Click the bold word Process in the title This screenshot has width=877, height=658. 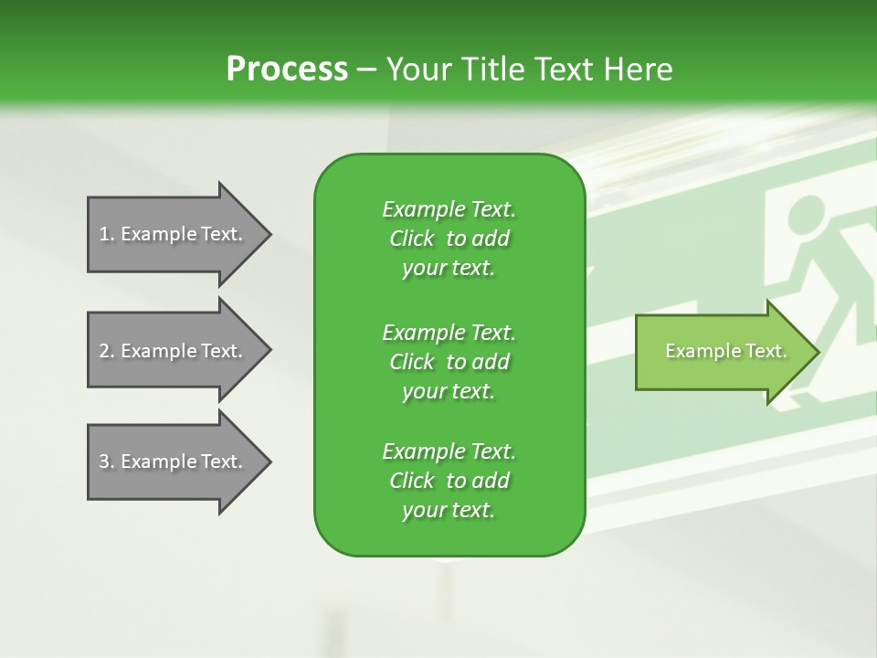pyautogui.click(x=287, y=69)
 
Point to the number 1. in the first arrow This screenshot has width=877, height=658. pyautogui.click(x=106, y=234)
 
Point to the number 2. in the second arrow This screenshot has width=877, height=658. pyautogui.click(x=106, y=351)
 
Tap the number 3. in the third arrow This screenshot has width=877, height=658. pyautogui.click(x=106, y=462)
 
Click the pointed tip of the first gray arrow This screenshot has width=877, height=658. pyautogui.click(x=269, y=234)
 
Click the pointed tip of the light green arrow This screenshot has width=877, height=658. pyautogui.click(x=817, y=351)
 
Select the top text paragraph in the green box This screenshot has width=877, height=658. pyautogui.click(x=449, y=239)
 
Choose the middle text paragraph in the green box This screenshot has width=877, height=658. pyautogui.click(x=449, y=361)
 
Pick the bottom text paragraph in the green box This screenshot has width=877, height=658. pyautogui.click(x=449, y=481)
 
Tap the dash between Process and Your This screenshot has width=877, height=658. pyautogui.click(x=366, y=69)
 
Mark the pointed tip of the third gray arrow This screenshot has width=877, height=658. pyautogui.click(x=269, y=462)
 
